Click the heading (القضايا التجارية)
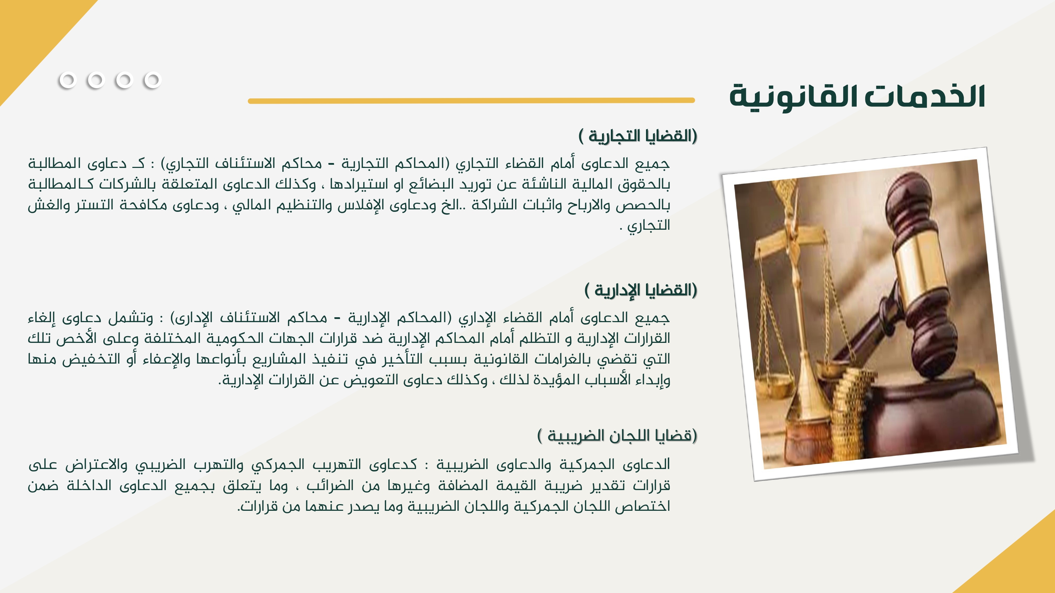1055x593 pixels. pyautogui.click(x=638, y=136)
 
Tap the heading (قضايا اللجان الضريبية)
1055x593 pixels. pyautogui.click(x=617, y=435)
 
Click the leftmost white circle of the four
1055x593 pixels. pyautogui.click(x=68, y=80)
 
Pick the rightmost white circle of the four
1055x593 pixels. pyautogui.click(x=152, y=80)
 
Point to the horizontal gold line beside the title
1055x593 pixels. pyautogui.click(x=471, y=100)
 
